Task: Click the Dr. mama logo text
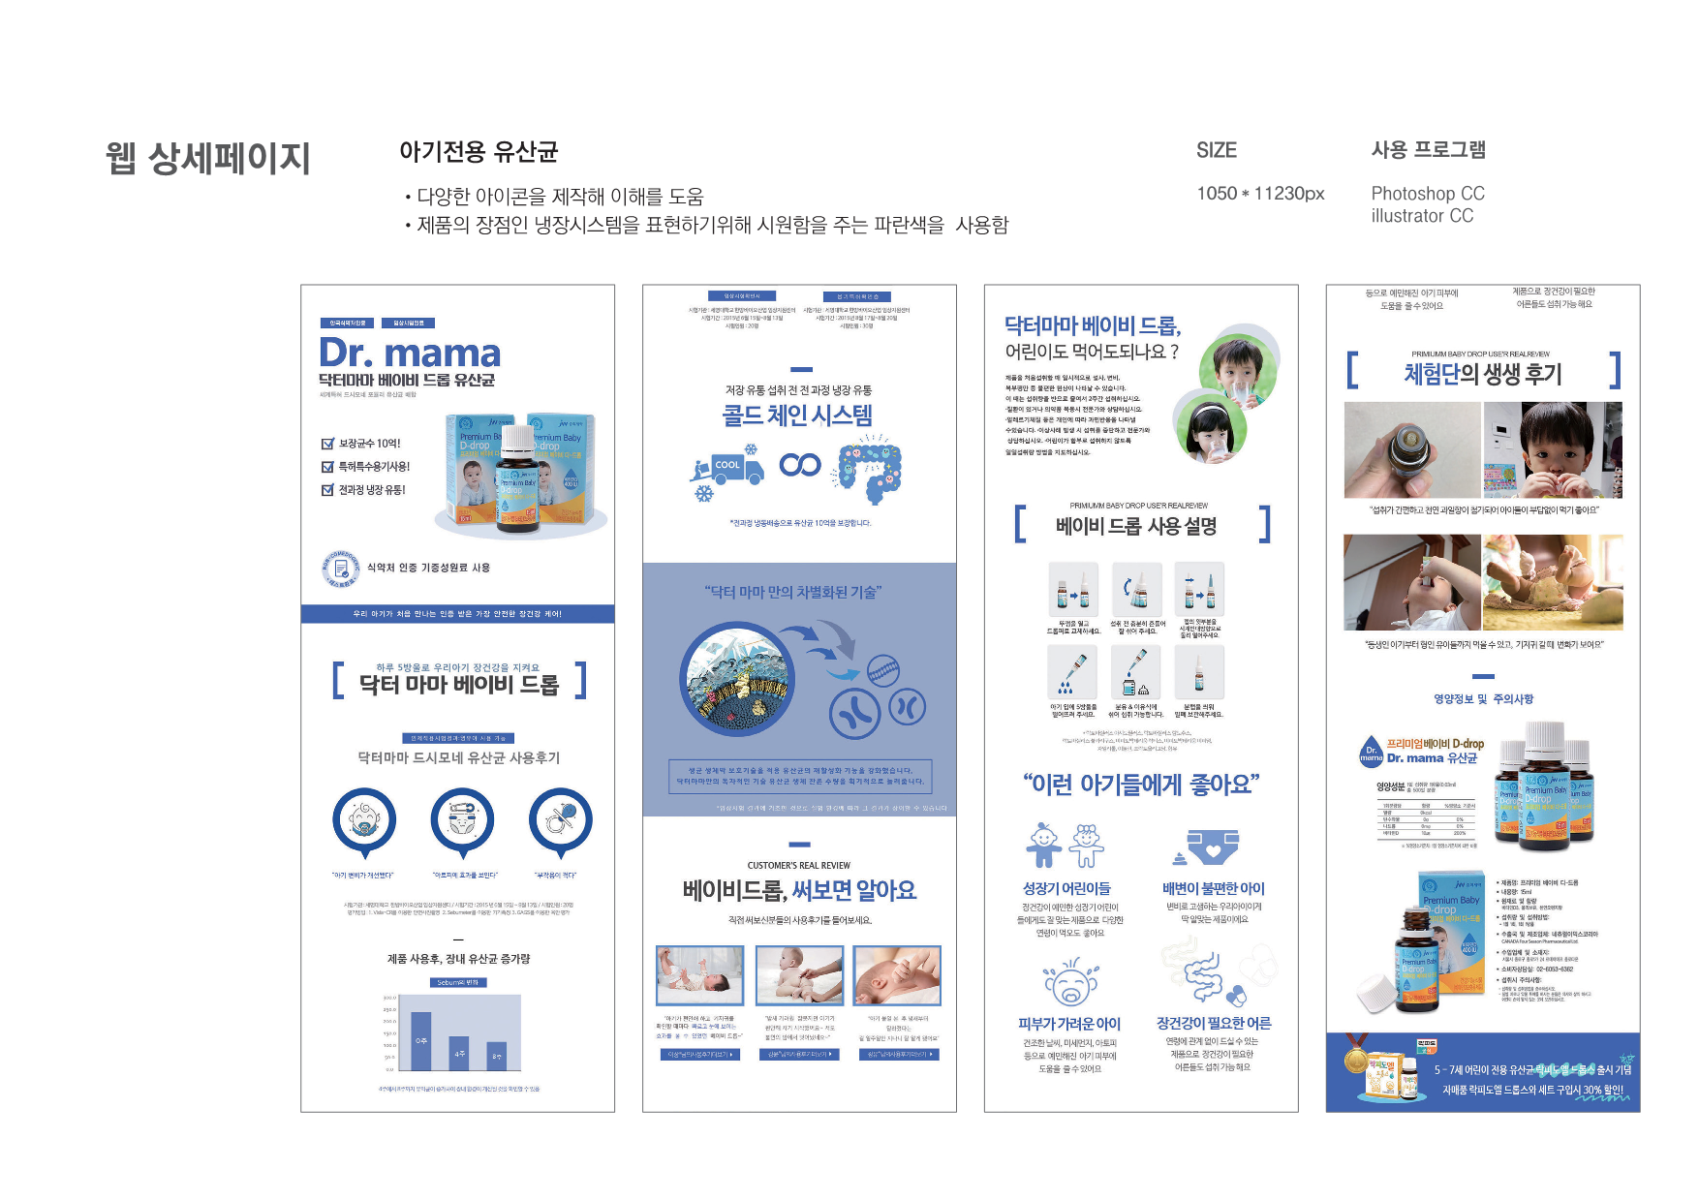tap(410, 353)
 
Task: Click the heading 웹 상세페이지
tap(208, 158)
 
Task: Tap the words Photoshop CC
tap(1427, 194)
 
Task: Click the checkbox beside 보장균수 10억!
tap(327, 444)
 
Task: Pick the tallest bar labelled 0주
tap(421, 1041)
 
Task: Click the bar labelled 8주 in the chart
tap(496, 1055)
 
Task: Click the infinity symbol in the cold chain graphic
tap(800, 465)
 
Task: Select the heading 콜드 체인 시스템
tap(797, 416)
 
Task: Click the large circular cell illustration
tap(739, 680)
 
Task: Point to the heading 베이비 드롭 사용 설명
tap(1136, 526)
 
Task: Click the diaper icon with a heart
tap(1212, 846)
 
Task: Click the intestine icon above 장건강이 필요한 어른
tap(1204, 974)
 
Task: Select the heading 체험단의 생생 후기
tap(1483, 374)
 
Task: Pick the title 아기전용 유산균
tap(479, 152)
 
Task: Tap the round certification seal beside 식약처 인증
tap(341, 569)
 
